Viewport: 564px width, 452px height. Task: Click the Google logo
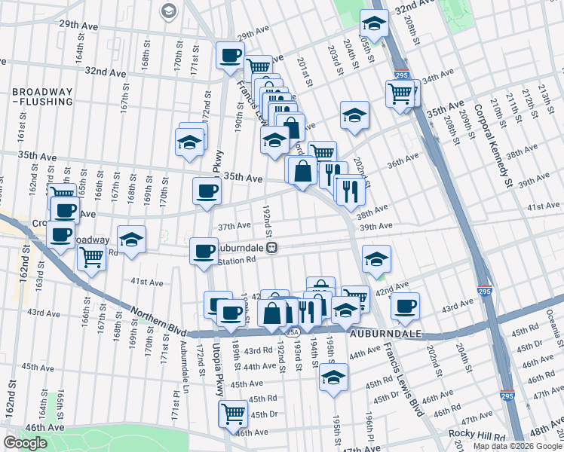25,443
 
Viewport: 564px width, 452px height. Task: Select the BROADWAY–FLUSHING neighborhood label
42,96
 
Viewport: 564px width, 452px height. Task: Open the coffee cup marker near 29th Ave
231,55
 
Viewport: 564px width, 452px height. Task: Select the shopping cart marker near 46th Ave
233,413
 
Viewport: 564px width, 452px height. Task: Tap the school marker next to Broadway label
132,240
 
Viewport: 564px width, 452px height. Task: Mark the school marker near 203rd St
354,115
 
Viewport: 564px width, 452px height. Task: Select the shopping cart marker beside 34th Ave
400,94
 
